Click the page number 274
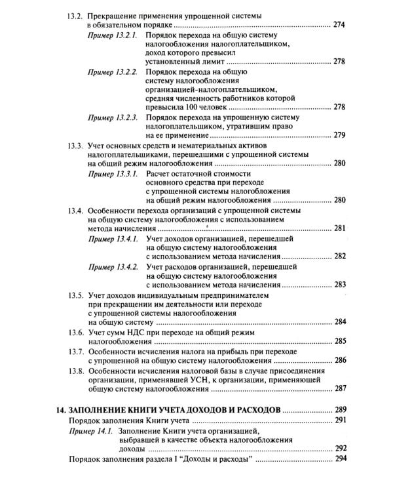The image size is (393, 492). [339, 25]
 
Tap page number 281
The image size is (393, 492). [339, 228]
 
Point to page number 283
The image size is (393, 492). [339, 285]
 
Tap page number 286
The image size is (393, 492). [339, 361]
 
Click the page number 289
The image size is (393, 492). [339, 410]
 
